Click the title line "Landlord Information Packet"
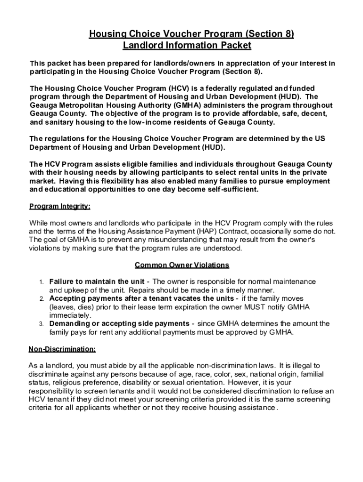[x=187, y=46]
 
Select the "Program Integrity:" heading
[x=60, y=206]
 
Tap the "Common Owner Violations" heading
[x=182, y=265]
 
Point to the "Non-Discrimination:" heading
[x=62, y=349]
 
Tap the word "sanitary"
[x=60, y=122]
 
